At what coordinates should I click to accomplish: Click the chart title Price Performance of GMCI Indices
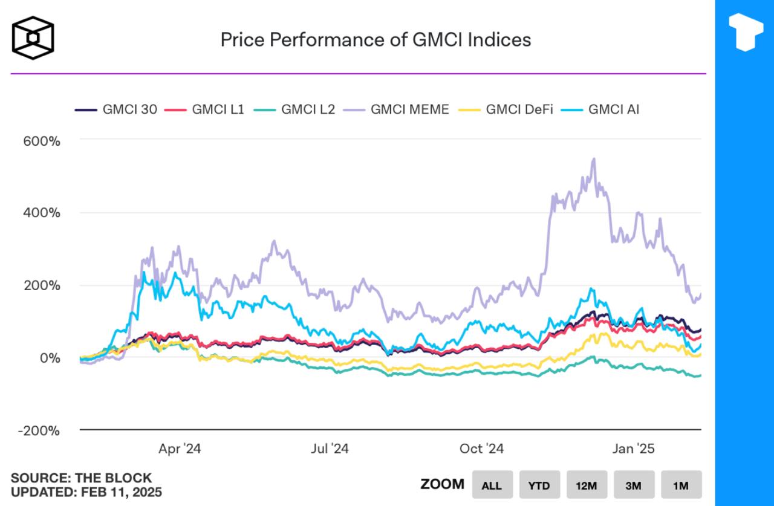pyautogui.click(x=376, y=40)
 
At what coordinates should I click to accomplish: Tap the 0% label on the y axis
pyautogui.click(x=51, y=358)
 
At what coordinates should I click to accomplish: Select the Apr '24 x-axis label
pyautogui.click(x=180, y=449)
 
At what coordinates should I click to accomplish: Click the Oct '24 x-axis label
pyautogui.click(x=481, y=449)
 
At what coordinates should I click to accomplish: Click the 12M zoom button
pyautogui.click(x=587, y=485)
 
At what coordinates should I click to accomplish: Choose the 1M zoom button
pyautogui.click(x=681, y=485)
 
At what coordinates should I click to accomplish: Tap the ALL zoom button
pyautogui.click(x=492, y=485)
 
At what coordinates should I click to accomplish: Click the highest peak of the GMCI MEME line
pyautogui.click(x=594, y=159)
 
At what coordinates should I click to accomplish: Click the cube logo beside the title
pyautogui.click(x=33, y=38)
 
